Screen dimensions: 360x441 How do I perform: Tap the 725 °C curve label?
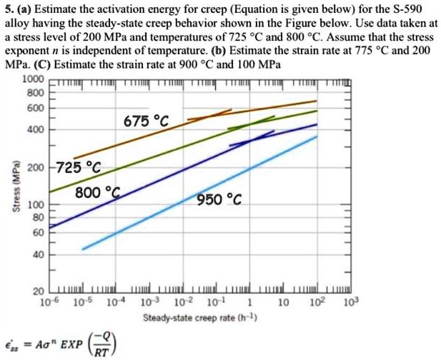[80, 169]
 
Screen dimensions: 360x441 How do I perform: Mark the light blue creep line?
[200, 192]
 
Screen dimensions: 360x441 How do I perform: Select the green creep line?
[179, 154]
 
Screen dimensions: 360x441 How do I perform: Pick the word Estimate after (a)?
[54, 10]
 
